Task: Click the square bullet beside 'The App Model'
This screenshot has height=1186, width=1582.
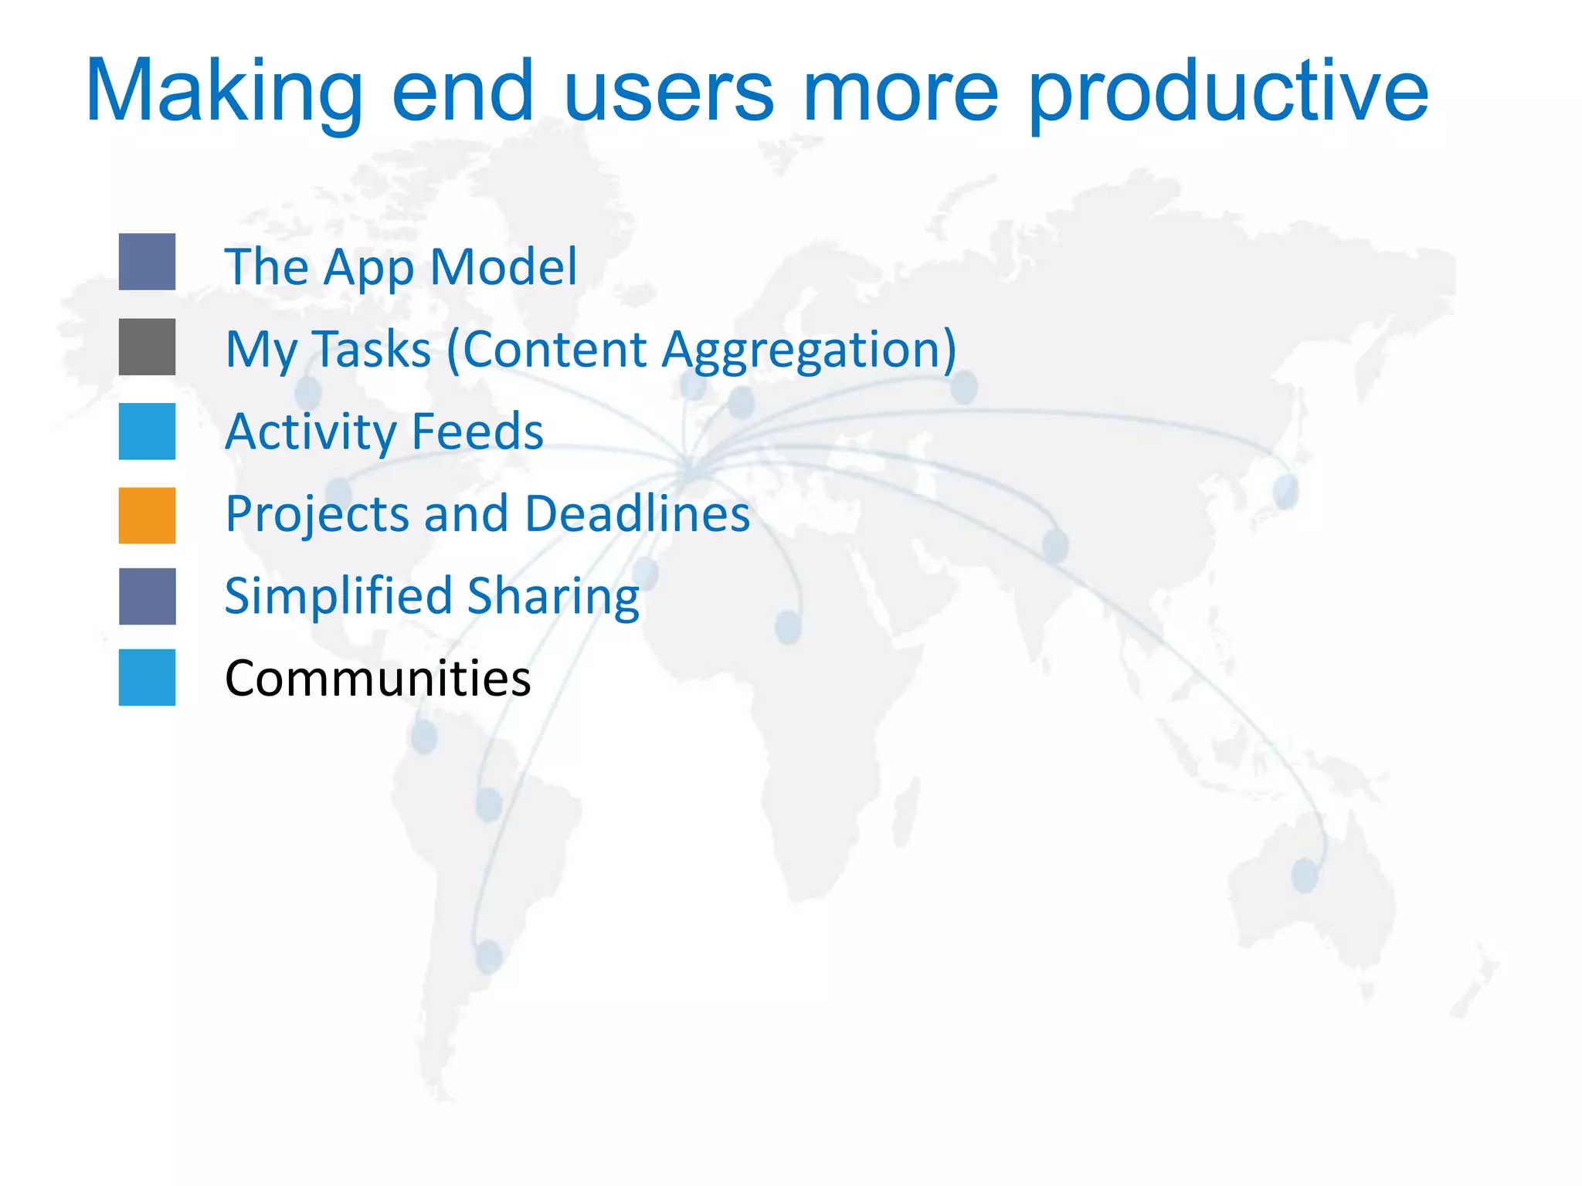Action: (147, 262)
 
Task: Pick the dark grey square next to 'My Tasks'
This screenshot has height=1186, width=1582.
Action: (147, 347)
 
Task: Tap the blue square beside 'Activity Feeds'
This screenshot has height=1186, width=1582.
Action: (147, 431)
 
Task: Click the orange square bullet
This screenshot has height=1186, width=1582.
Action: (147, 515)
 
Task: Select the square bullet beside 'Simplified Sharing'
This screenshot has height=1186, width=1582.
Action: (147, 596)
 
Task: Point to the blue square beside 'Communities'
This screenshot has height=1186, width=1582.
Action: (147, 677)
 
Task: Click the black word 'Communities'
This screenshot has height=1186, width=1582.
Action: (378, 679)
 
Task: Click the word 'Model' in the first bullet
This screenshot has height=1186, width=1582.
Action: (503, 266)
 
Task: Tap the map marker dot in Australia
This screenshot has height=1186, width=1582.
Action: (1305, 876)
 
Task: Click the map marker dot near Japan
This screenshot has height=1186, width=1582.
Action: (1285, 491)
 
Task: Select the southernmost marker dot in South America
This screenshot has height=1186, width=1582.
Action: (489, 956)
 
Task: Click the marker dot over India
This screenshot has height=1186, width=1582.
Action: (1055, 545)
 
